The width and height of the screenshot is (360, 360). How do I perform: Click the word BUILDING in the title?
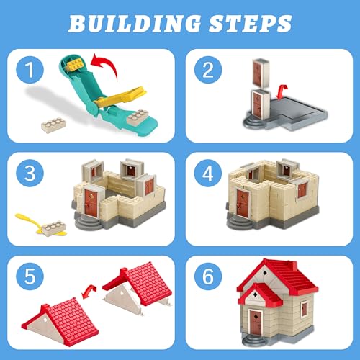(135, 24)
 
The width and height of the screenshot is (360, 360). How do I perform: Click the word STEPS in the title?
(251, 24)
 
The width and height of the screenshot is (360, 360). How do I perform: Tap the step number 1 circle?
(30, 70)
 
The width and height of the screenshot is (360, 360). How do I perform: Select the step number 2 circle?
(208, 70)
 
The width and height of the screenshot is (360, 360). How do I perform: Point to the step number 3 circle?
(30, 173)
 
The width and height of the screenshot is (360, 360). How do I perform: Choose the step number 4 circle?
(208, 173)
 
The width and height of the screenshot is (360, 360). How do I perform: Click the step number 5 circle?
(30, 276)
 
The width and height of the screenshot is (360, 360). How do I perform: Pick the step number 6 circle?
(208, 276)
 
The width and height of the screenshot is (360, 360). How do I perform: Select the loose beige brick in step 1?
(54, 125)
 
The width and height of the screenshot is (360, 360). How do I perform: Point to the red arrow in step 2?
(282, 91)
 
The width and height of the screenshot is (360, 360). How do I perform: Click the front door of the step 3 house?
(91, 202)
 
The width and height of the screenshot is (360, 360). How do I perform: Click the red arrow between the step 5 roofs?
(89, 291)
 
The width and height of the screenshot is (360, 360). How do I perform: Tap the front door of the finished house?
(256, 323)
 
